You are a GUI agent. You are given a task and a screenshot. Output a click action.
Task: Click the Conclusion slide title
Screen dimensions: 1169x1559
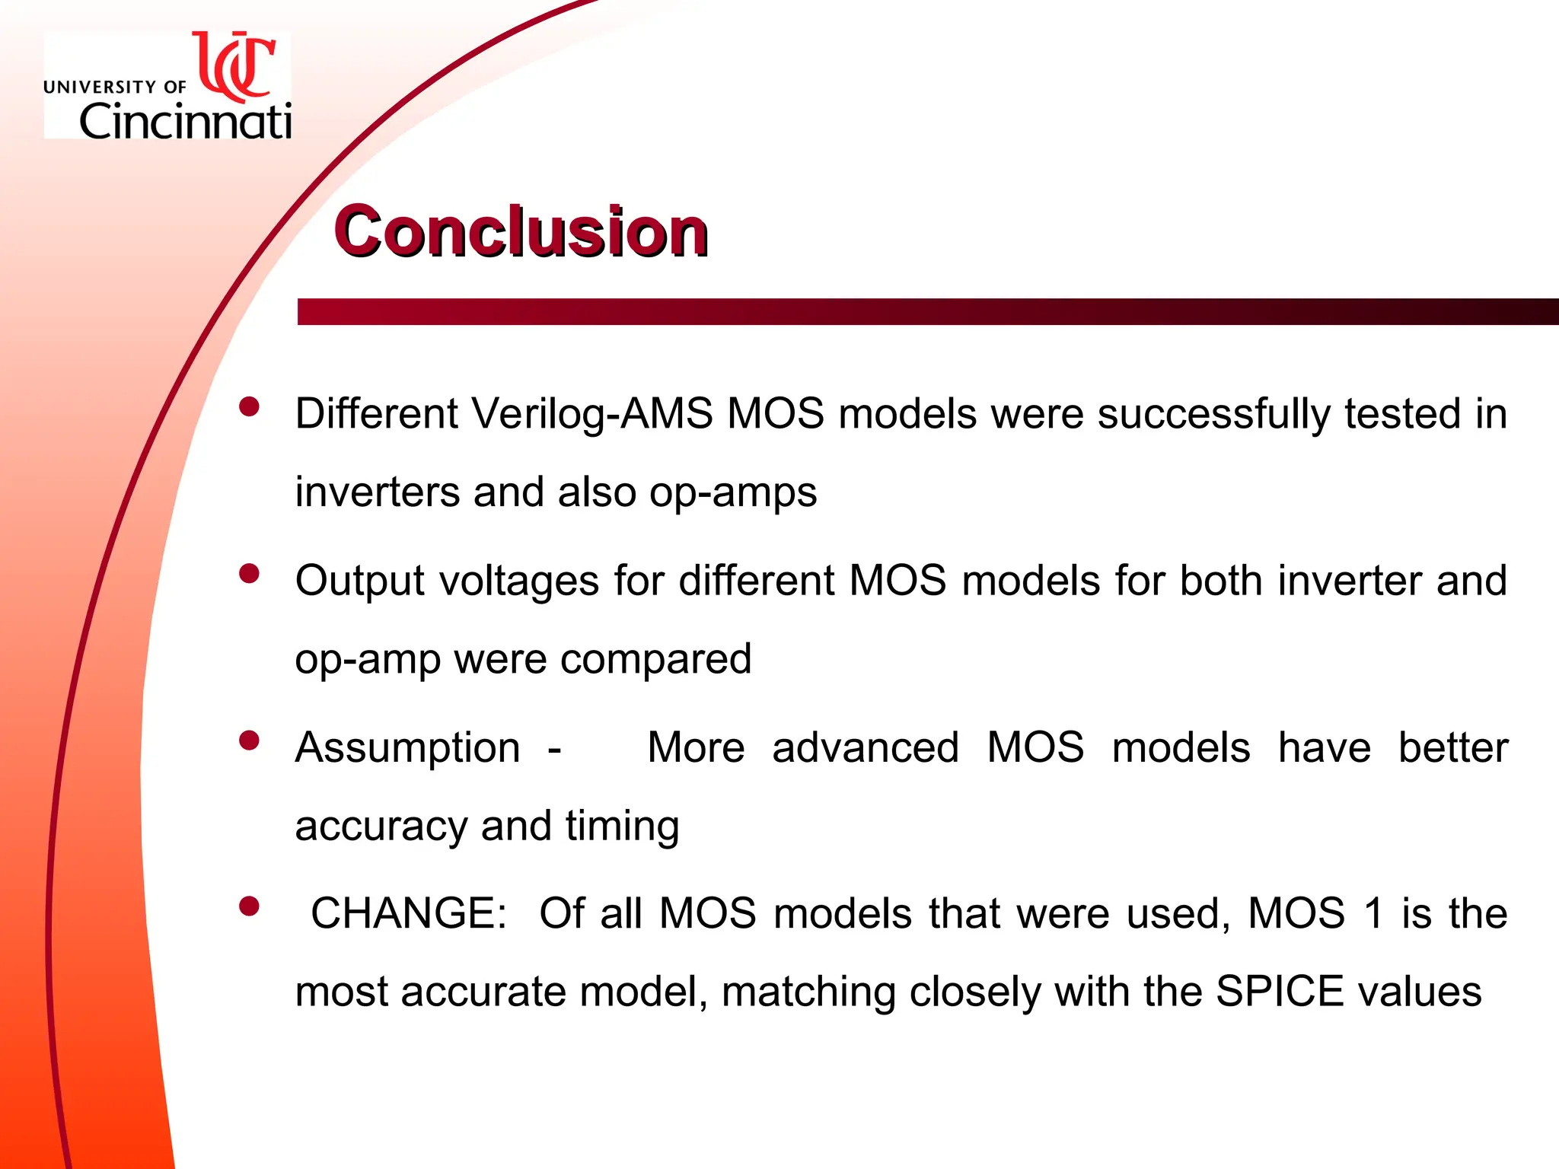pos(521,231)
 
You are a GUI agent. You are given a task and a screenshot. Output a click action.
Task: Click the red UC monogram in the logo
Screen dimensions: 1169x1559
pos(235,67)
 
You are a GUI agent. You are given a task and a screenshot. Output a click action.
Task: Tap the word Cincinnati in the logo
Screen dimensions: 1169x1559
pos(185,122)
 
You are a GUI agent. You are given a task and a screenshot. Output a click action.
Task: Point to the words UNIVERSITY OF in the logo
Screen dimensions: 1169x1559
pos(115,88)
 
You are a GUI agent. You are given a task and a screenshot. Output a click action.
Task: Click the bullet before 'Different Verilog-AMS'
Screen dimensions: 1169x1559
pos(249,406)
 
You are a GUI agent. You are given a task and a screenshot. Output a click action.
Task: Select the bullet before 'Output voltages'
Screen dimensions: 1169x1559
pos(249,573)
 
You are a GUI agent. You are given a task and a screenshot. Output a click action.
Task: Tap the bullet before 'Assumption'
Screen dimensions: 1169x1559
pos(249,740)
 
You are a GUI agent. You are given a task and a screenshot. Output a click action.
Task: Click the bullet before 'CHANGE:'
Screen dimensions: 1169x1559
pos(249,906)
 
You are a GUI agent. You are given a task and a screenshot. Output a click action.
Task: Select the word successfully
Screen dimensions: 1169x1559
pos(1214,415)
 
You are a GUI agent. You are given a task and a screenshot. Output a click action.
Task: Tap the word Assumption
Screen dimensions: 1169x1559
pos(408,747)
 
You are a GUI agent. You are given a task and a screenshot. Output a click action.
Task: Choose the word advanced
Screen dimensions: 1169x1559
pos(865,747)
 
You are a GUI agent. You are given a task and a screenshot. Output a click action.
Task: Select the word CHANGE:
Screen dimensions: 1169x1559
pos(409,913)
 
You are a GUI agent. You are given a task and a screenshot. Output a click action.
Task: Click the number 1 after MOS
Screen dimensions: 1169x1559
pos(1373,913)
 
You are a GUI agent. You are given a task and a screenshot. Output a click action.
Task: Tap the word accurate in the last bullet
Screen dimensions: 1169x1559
pos(483,992)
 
